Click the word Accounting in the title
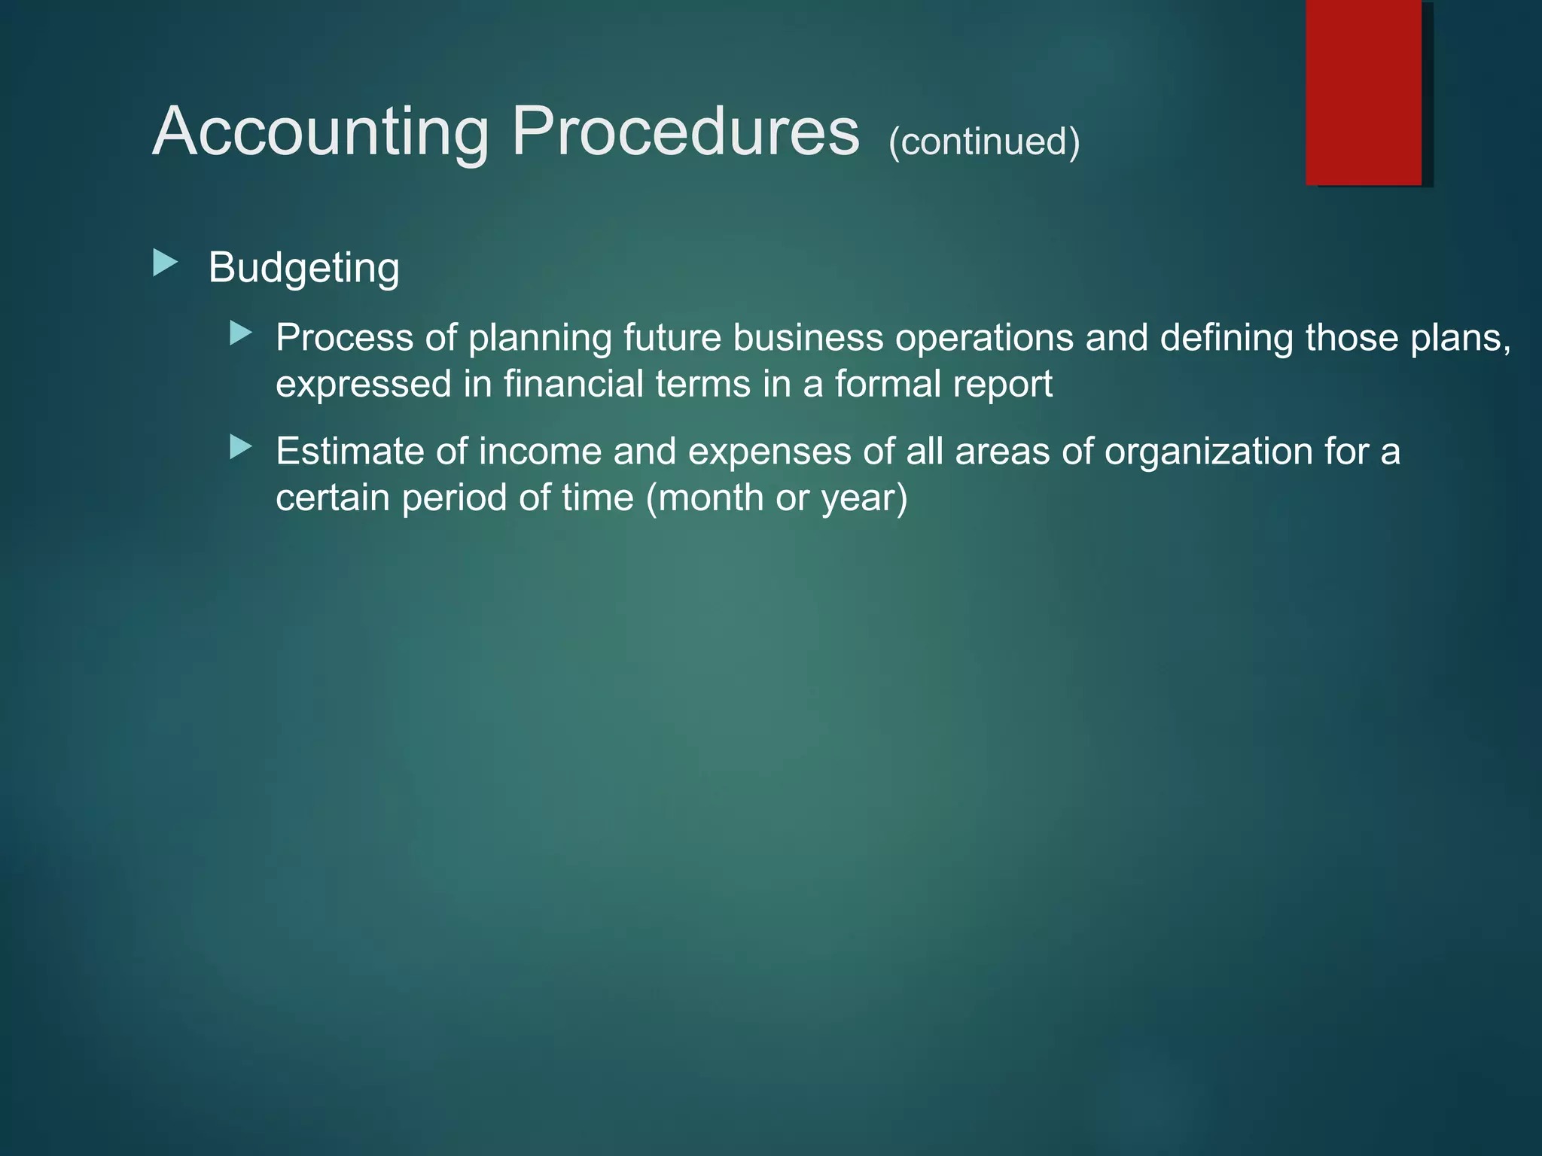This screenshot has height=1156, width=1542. pyautogui.click(x=321, y=132)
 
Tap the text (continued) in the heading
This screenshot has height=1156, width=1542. pyautogui.click(x=984, y=141)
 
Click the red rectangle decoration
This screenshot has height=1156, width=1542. pyautogui.click(x=1364, y=92)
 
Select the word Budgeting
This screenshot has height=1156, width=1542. pyautogui.click(x=303, y=268)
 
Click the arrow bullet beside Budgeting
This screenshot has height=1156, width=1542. pyautogui.click(x=165, y=263)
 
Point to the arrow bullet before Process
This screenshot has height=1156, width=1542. pyautogui.click(x=240, y=333)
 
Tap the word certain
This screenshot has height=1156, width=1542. pyautogui.click(x=333, y=497)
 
